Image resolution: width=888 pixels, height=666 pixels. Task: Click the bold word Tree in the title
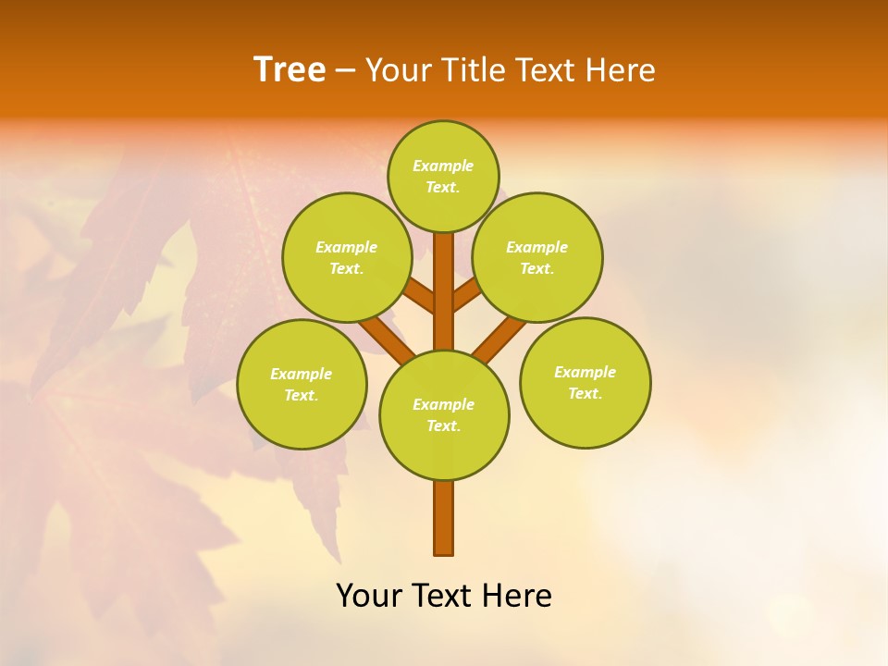pyautogui.click(x=290, y=70)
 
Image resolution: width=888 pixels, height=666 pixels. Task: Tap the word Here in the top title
pyautogui.click(x=622, y=70)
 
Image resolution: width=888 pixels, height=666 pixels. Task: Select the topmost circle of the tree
pyautogui.click(x=443, y=176)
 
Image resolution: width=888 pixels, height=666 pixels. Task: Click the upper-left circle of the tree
pyautogui.click(x=346, y=257)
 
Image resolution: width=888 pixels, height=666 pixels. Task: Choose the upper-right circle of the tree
pyautogui.click(x=537, y=257)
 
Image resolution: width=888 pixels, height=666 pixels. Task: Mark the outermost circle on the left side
pyautogui.click(x=302, y=384)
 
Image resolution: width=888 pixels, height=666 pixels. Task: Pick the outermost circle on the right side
pyautogui.click(x=585, y=382)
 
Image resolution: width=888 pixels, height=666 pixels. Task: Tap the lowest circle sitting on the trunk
pyautogui.click(x=444, y=415)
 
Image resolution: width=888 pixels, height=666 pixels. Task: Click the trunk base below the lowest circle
pyautogui.click(x=444, y=518)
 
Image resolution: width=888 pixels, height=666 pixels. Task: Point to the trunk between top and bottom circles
pyautogui.click(x=444, y=291)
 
